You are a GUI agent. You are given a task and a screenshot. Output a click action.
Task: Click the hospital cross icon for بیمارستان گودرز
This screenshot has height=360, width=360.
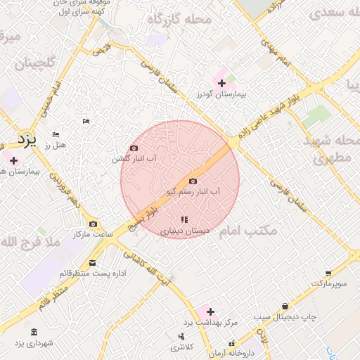click(222, 84)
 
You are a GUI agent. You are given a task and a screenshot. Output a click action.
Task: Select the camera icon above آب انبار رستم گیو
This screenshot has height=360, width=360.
click(193, 181)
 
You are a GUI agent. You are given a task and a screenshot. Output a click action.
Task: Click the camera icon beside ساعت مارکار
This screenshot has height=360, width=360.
click(93, 224)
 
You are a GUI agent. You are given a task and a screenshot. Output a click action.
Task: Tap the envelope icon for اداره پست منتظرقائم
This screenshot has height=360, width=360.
click(92, 264)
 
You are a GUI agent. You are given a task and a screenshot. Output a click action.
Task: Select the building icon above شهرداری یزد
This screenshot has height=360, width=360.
click(34, 332)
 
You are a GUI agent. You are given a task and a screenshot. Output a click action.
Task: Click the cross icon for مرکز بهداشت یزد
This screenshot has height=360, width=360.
click(210, 311)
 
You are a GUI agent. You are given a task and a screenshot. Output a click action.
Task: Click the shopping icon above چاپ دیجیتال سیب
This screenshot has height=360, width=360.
click(284, 307)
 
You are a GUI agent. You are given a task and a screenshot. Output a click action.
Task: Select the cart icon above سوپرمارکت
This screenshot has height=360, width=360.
click(328, 274)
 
